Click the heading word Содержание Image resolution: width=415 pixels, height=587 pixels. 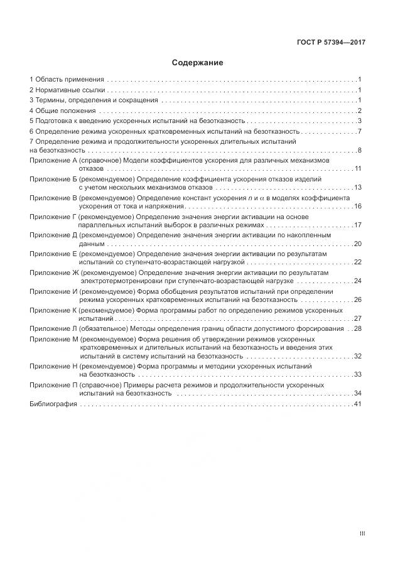[x=197, y=63]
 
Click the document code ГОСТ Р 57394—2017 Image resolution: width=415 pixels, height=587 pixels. [x=331, y=43]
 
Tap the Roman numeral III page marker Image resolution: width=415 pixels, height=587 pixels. [x=362, y=534]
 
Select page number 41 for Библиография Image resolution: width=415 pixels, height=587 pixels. [x=358, y=404]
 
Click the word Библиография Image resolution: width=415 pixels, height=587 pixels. [x=53, y=404]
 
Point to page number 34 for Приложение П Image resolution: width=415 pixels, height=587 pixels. [x=358, y=393]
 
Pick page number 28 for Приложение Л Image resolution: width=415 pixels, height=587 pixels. [x=358, y=328]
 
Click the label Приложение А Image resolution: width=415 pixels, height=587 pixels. [x=53, y=161]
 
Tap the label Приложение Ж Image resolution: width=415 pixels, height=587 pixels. [x=53, y=273]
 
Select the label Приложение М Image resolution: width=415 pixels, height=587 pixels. [x=53, y=339]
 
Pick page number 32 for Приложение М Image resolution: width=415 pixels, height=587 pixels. [x=358, y=356]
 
